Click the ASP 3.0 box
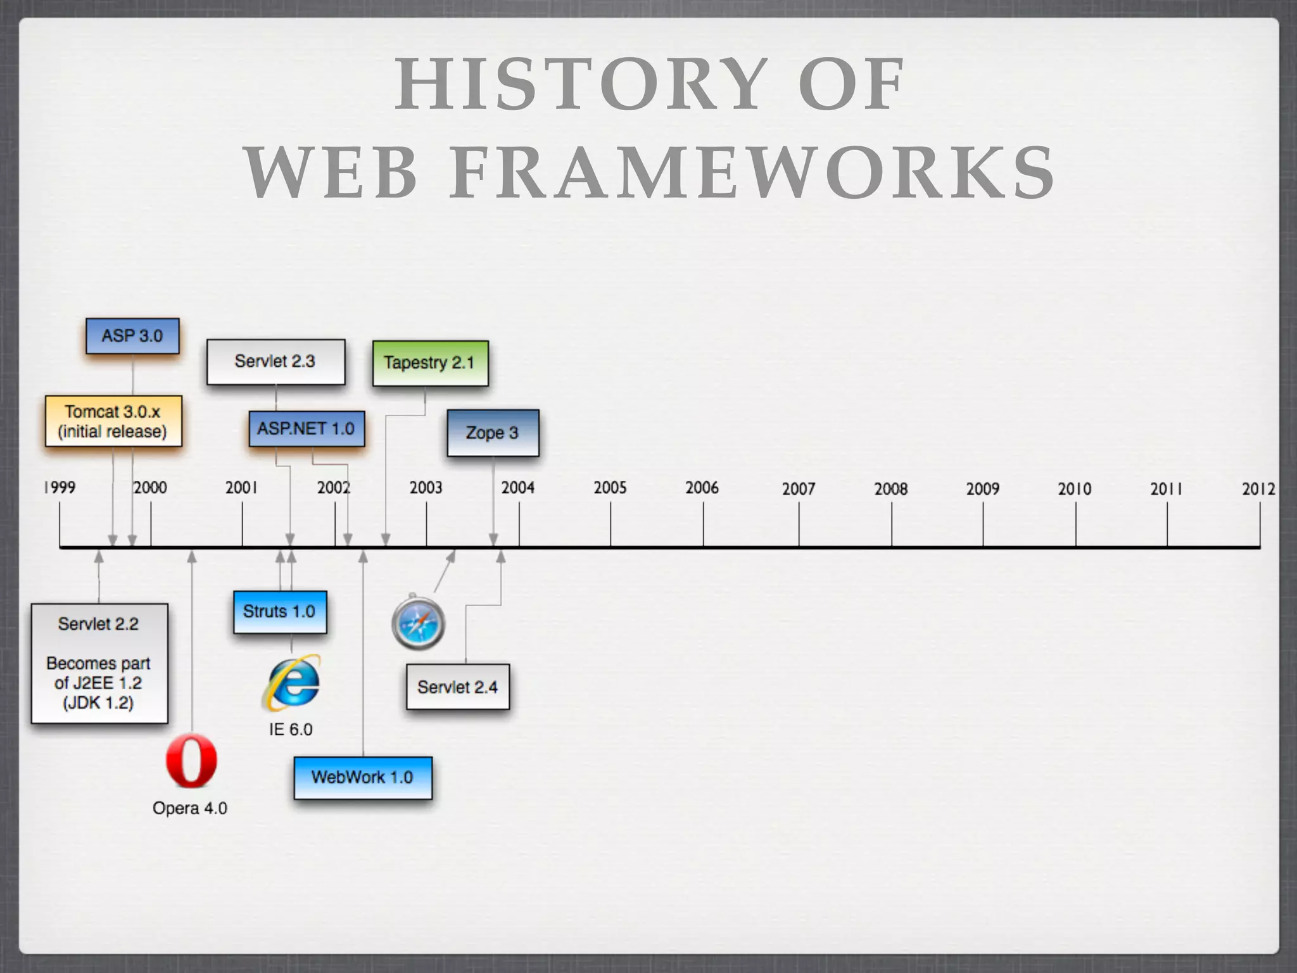click(132, 336)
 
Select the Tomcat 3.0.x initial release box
click(113, 421)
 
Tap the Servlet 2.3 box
click(275, 362)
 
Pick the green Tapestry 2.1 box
click(430, 363)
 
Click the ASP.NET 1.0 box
click(307, 429)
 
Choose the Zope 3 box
click(493, 433)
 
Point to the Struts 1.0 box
click(280, 612)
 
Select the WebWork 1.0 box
click(363, 777)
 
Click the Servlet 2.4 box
click(458, 687)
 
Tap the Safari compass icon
click(418, 623)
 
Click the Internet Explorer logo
click(291, 683)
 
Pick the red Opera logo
click(191, 761)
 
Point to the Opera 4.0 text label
click(190, 808)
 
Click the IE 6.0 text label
click(291, 730)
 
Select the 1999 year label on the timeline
click(60, 488)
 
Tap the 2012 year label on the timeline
click(1258, 489)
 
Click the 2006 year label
click(702, 488)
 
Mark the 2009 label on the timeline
click(982, 489)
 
